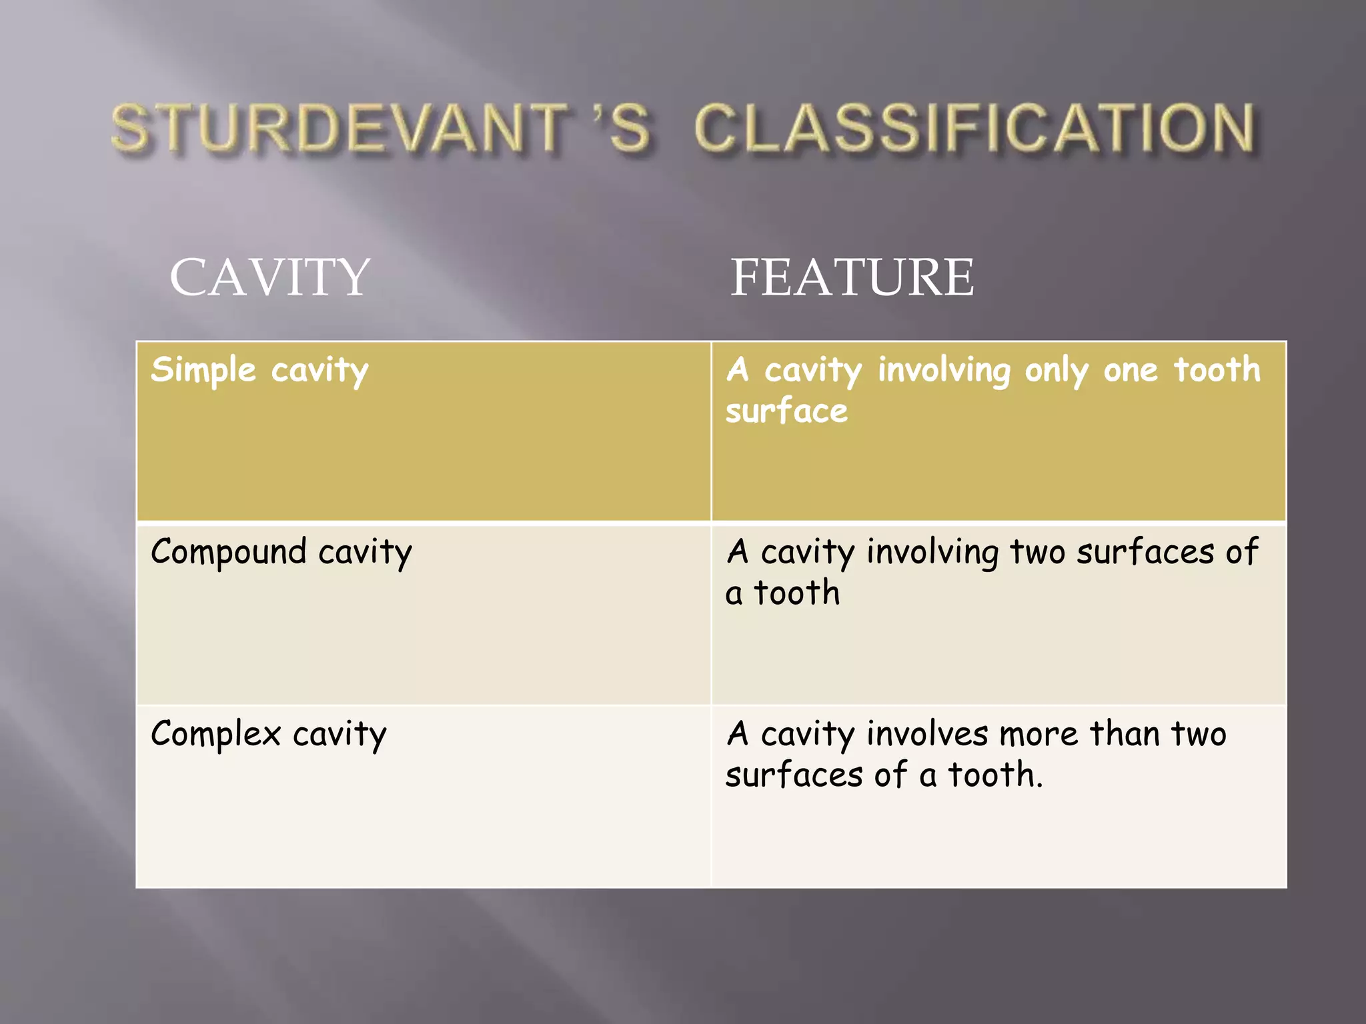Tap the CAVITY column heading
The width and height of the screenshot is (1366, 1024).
click(x=269, y=277)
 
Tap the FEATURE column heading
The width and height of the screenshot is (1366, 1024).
click(x=852, y=277)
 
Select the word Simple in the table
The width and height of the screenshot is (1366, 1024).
click(x=203, y=370)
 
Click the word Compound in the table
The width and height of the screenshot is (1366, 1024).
click(x=228, y=553)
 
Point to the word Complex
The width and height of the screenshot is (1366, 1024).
click(x=215, y=734)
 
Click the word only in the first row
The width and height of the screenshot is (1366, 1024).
click(x=1056, y=371)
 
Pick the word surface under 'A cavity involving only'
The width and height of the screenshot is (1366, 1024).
click(x=786, y=411)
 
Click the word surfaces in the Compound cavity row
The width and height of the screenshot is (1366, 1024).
click(x=1145, y=552)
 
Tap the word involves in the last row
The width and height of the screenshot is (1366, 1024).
click(x=927, y=734)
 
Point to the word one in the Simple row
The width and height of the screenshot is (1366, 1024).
click(x=1131, y=371)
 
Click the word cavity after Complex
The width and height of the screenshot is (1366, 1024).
click(x=339, y=734)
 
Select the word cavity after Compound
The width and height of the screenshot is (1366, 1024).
click(x=365, y=553)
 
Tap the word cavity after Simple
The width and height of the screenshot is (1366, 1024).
click(x=319, y=371)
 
